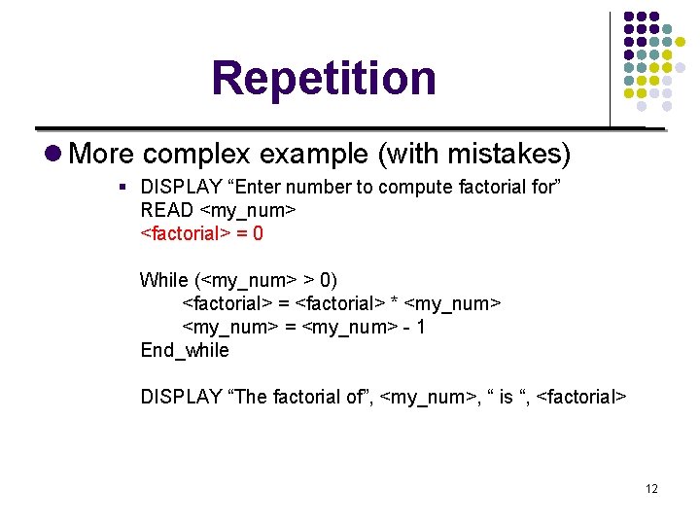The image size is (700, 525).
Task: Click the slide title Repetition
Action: coord(324,79)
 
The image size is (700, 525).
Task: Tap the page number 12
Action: coord(651,488)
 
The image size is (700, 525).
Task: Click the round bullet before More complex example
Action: coord(53,154)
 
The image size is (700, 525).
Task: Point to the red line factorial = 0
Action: coord(201,233)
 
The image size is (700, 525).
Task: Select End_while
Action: coord(185,350)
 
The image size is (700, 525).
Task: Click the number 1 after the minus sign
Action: coord(420,328)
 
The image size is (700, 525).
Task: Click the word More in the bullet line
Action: coord(104,154)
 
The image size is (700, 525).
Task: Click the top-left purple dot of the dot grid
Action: coord(629,17)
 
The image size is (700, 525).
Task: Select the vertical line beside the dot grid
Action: coord(611,68)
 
